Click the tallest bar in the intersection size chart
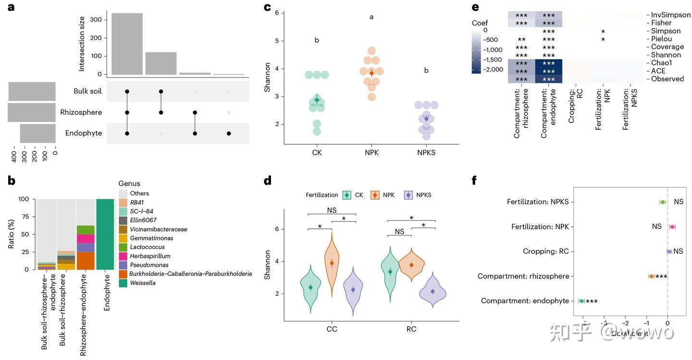pyautogui.click(x=127, y=44)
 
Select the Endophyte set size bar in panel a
pyautogui.click(x=37, y=133)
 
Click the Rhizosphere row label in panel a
pyautogui.click(x=81, y=112)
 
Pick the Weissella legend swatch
pyautogui.click(x=123, y=283)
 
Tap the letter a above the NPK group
pyautogui.click(x=371, y=17)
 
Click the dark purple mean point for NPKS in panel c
pyautogui.click(x=426, y=119)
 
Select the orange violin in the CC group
pyautogui.click(x=332, y=264)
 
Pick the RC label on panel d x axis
pyautogui.click(x=411, y=329)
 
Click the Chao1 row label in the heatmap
pyautogui.click(x=661, y=63)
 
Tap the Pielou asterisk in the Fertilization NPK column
pyautogui.click(x=603, y=39)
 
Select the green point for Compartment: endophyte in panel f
pyautogui.click(x=582, y=301)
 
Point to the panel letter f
pyautogui.click(x=474, y=180)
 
